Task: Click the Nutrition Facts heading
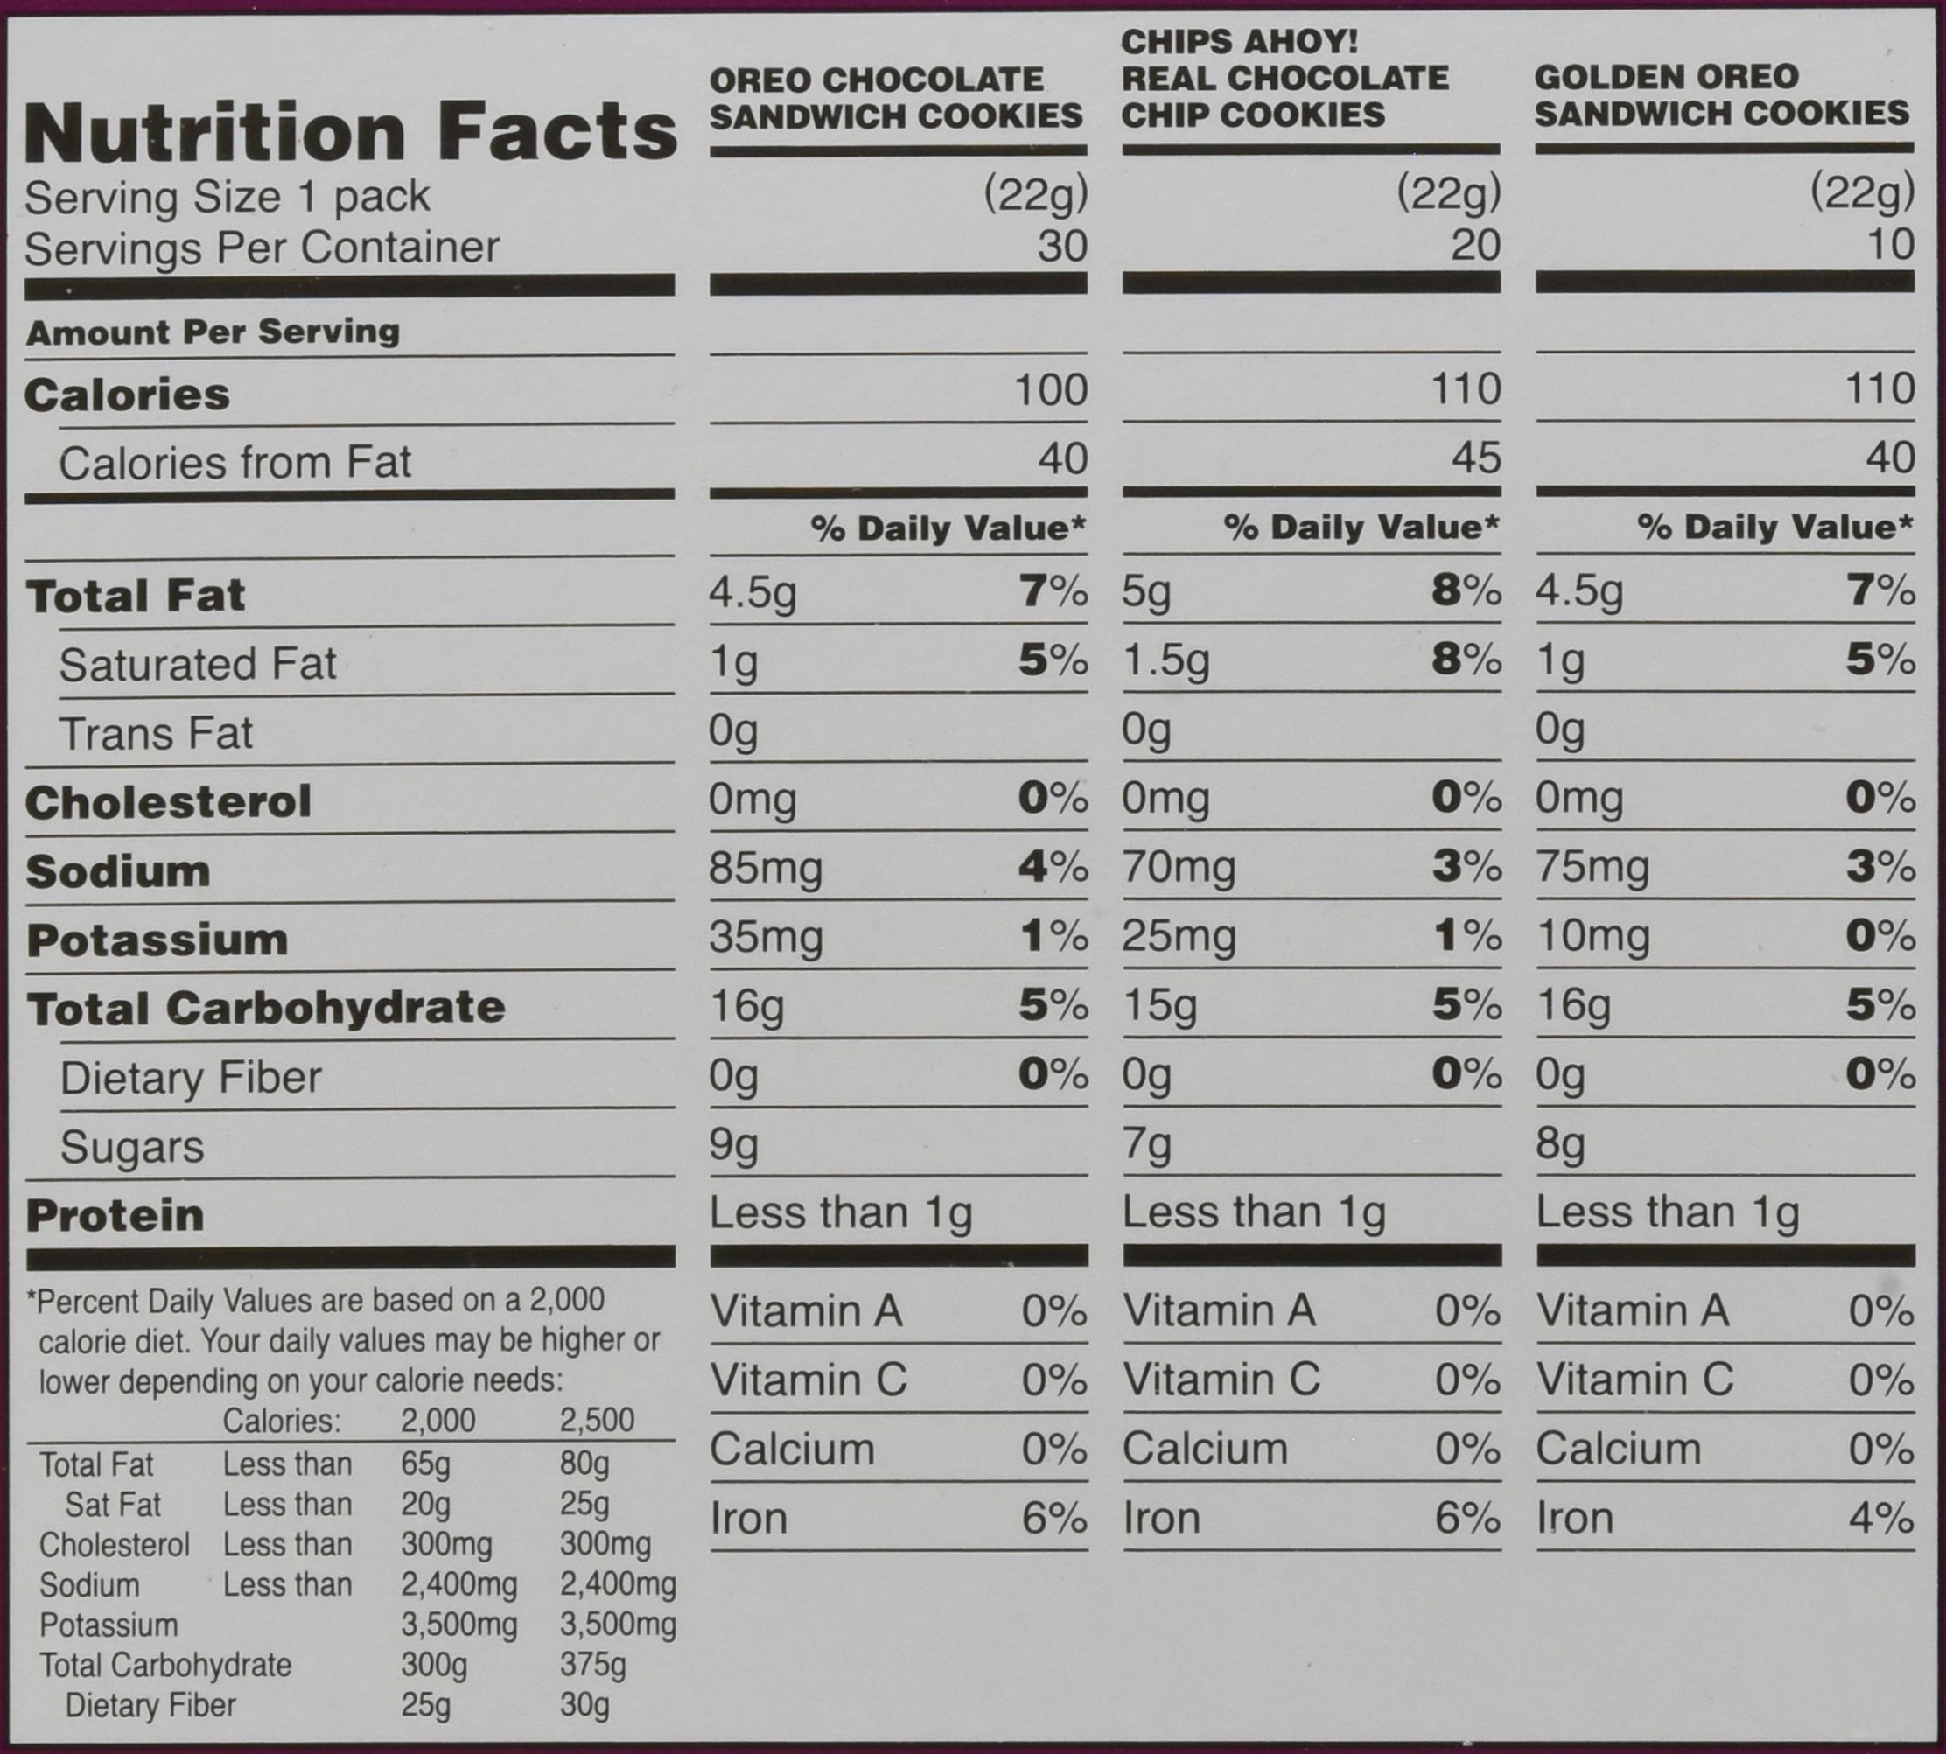tap(351, 133)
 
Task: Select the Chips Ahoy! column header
tap(1284, 78)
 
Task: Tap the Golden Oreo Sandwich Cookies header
tap(1721, 95)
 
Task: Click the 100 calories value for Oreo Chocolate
tap(1051, 390)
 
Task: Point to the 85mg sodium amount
tap(766, 869)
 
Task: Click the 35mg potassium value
tap(766, 937)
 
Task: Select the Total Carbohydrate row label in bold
tap(266, 1008)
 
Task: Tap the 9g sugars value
tap(733, 1145)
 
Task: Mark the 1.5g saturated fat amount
tap(1165, 662)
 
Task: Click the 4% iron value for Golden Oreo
tap(1880, 1519)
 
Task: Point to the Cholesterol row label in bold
tap(169, 802)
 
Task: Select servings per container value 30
tap(1062, 247)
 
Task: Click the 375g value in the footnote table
tap(592, 1665)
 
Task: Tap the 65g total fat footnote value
tap(425, 1465)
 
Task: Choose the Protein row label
tap(115, 1215)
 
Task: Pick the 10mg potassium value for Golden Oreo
tap(1592, 937)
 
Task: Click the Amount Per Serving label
tap(213, 332)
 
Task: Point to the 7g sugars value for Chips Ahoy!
tap(1146, 1145)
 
